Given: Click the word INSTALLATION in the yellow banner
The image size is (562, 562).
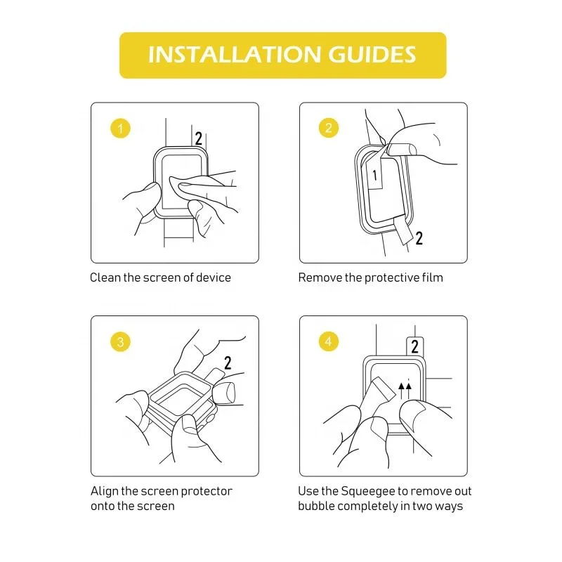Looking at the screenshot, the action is point(235,55).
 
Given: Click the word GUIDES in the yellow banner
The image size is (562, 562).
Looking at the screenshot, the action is point(372,55).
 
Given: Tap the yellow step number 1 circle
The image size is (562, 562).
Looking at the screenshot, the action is point(120,128).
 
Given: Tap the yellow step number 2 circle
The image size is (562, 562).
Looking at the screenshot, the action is point(329,128).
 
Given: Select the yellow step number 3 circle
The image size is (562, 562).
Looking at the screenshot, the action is point(120,341).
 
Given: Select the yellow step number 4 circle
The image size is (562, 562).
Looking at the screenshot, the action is point(329,341).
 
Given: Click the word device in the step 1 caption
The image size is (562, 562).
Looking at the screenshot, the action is point(214,277).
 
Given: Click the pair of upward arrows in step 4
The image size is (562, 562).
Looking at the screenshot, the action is point(405,391).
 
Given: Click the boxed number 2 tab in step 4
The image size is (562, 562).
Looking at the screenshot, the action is point(415,346).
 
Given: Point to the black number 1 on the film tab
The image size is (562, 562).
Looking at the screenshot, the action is point(374,175).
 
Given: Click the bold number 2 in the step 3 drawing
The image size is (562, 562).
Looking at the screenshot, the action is point(228,362).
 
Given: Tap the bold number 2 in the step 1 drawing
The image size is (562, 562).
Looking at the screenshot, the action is point(198,138).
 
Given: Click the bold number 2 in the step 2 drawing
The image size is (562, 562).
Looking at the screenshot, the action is point(419,238).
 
